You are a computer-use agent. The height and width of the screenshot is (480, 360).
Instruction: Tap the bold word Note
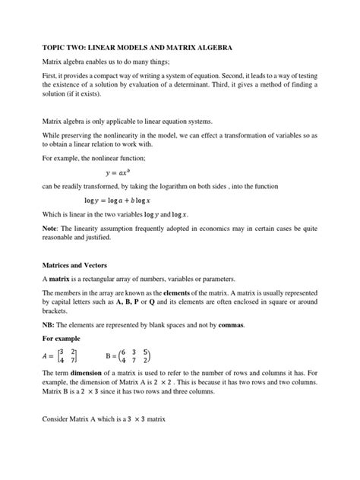50,229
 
